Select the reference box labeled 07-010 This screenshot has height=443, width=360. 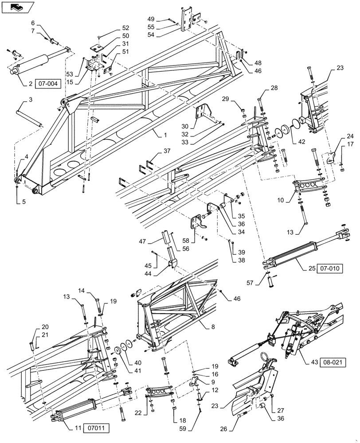point(329,268)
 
